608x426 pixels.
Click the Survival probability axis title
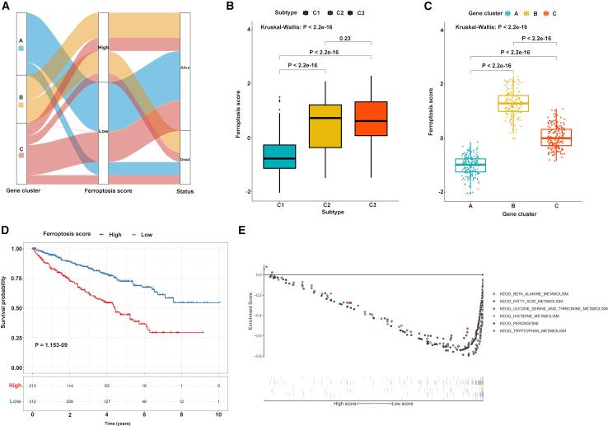[x=8, y=303]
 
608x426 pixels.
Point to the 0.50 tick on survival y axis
[x=16, y=308]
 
